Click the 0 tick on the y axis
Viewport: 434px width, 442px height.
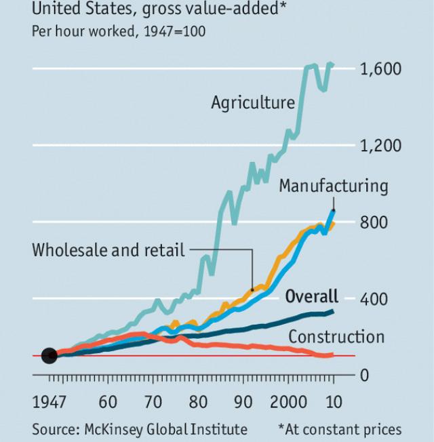pos(364,375)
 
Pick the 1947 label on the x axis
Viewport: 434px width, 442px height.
pos(50,402)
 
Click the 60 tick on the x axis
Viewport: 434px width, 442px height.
pos(107,402)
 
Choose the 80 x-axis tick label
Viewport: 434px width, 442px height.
pos(198,402)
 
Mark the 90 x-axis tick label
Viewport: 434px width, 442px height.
pos(243,402)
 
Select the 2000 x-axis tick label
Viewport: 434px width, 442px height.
pos(288,402)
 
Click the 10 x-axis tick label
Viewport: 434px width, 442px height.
pos(333,402)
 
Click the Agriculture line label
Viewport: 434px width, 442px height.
pos(253,102)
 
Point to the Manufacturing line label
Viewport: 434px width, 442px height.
pos(333,186)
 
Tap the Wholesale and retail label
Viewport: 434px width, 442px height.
pos(108,250)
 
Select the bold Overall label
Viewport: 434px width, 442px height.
pos(311,296)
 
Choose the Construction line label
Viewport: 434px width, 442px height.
pos(336,336)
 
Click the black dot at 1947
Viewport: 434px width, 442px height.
pos(49,355)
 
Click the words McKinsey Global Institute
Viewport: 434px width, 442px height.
pos(165,429)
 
